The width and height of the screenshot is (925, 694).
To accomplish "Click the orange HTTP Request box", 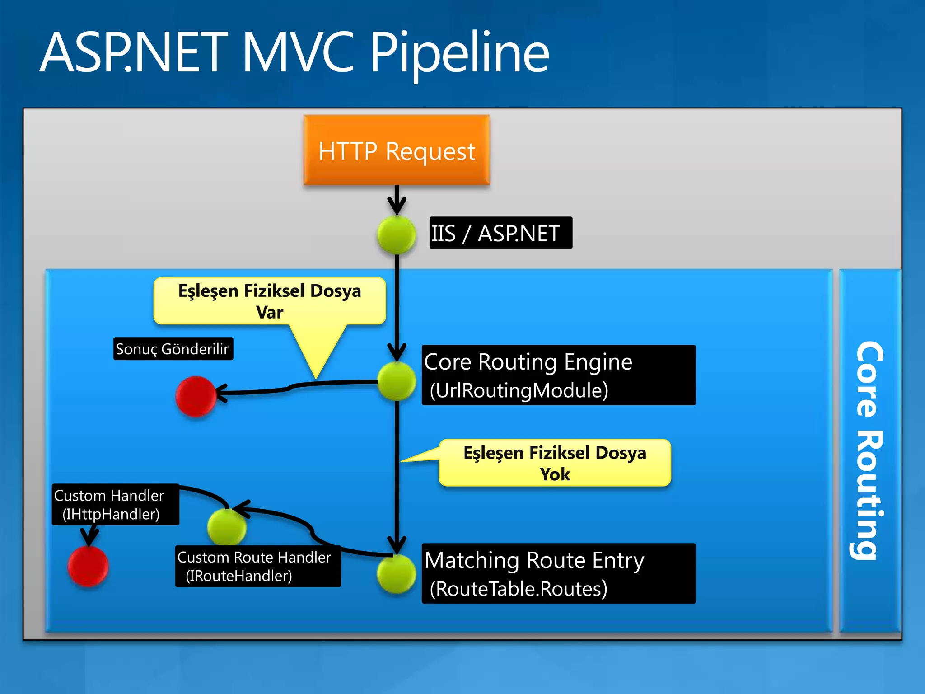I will tap(396, 150).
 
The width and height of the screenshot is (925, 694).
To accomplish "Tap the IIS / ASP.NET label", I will tap(500, 233).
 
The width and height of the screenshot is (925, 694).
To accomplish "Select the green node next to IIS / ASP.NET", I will tap(396, 234).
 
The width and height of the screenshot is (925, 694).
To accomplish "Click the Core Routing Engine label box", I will tap(558, 375).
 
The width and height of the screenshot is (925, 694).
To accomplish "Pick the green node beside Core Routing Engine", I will tap(396, 382).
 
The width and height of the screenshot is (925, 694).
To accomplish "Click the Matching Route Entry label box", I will tap(558, 573).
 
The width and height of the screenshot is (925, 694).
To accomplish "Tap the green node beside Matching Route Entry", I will tap(396, 573).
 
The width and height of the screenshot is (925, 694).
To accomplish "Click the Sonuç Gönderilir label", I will tap(173, 349).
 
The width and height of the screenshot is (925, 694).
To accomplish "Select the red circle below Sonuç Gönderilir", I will tap(196, 396).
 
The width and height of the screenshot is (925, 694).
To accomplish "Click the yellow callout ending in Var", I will tap(270, 301).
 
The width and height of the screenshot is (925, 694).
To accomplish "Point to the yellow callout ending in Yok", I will tap(555, 463).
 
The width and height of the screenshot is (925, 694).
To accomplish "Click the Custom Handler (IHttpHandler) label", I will tap(115, 505).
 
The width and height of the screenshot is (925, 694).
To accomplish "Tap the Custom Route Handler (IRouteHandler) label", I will tap(257, 567).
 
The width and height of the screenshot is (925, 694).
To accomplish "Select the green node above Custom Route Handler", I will tap(227, 526).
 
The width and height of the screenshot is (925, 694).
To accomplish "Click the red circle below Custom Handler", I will tap(88, 566).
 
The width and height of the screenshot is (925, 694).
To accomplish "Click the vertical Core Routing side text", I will tap(869, 450).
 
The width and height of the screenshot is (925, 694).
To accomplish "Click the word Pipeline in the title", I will tap(459, 53).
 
